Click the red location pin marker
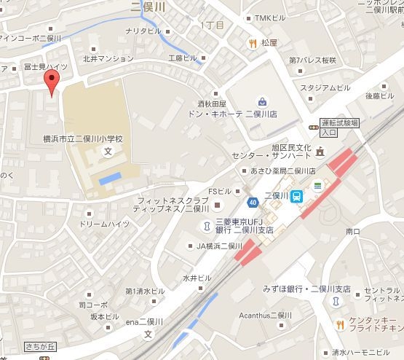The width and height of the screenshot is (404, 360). click(51, 82)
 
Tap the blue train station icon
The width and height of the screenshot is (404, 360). click(297, 197)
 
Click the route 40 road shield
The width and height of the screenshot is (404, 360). click(253, 201)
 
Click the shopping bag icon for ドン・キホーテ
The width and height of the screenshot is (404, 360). click(261, 101)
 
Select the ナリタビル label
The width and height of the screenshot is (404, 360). click(143, 31)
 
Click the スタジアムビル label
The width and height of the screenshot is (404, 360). click(325, 87)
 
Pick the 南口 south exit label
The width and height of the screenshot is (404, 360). click(354, 231)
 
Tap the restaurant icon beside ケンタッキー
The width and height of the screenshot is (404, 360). click(339, 324)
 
